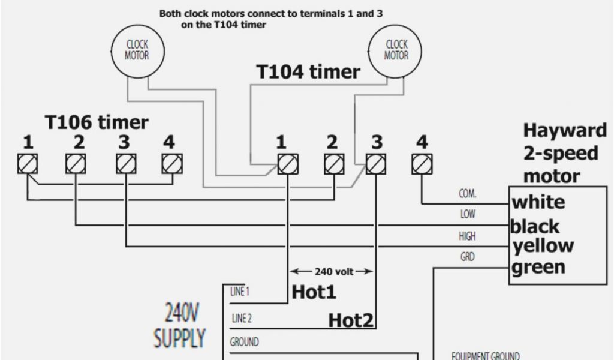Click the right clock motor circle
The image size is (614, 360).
(x=396, y=50)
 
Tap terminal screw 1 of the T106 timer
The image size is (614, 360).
(x=28, y=163)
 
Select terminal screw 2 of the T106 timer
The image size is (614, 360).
(x=75, y=163)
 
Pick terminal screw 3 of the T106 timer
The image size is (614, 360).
(x=125, y=163)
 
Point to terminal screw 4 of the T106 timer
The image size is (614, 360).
(x=171, y=163)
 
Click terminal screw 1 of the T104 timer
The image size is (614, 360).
(x=287, y=163)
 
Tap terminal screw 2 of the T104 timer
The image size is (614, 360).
(x=334, y=163)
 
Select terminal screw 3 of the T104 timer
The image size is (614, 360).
(x=376, y=163)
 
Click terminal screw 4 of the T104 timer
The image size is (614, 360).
(x=422, y=163)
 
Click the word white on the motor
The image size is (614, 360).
(x=538, y=202)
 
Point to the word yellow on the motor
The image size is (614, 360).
(x=543, y=245)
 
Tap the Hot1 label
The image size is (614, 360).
(x=314, y=292)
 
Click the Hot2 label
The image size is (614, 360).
(x=351, y=320)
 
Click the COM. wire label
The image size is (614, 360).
(x=468, y=194)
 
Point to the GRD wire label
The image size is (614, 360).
(x=468, y=257)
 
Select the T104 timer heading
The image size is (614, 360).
(x=308, y=72)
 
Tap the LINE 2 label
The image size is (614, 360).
(x=241, y=318)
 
